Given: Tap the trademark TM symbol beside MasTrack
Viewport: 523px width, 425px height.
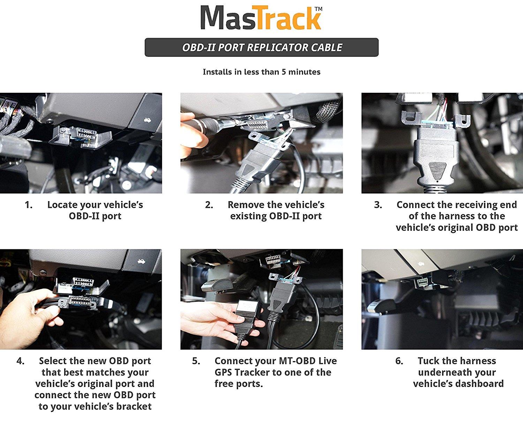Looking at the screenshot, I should pyautogui.click(x=318, y=9).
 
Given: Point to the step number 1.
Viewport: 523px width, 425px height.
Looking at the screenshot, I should pyautogui.click(x=28, y=205).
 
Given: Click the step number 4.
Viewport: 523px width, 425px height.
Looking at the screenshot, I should pyautogui.click(x=20, y=361).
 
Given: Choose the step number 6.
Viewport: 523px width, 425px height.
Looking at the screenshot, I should pyautogui.click(x=399, y=361).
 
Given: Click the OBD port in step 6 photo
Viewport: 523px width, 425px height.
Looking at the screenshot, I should pyautogui.click(x=423, y=282).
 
